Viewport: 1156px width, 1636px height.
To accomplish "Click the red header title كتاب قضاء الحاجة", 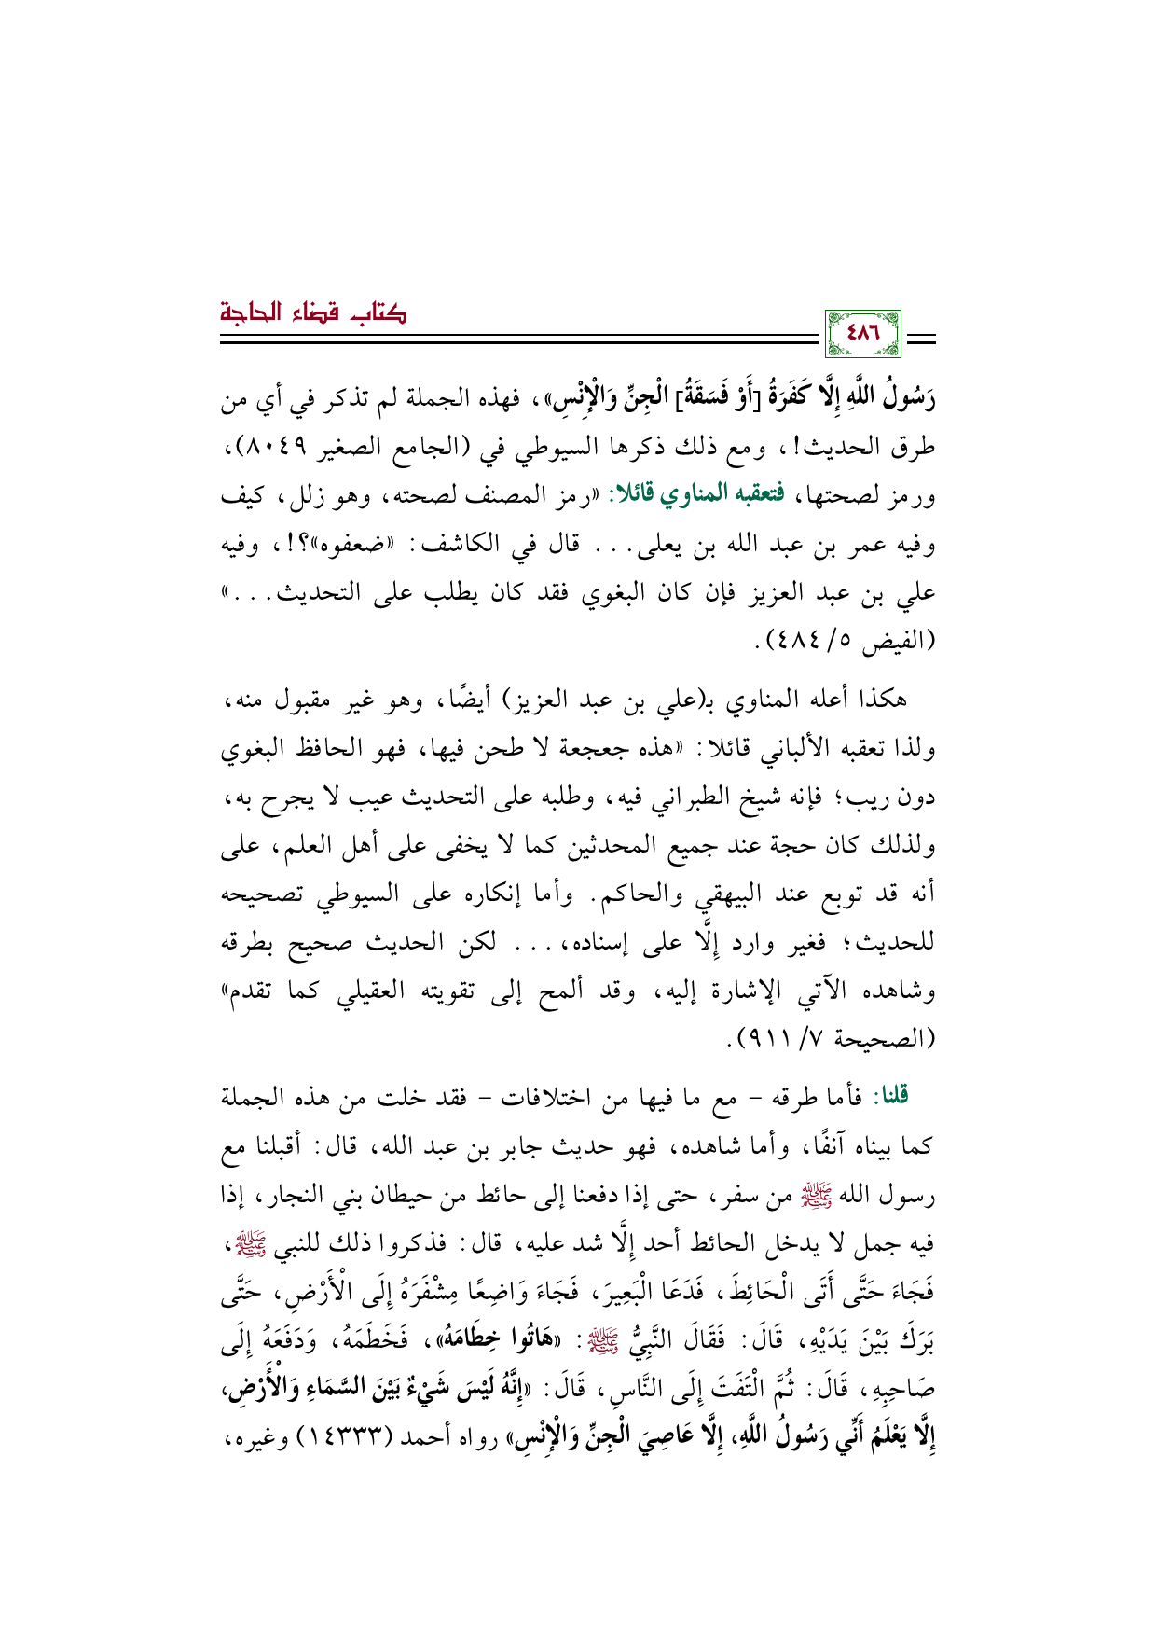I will [x=314, y=312].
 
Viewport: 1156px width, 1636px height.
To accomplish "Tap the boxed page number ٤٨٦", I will [x=866, y=334].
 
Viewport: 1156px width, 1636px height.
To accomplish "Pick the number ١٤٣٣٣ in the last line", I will [x=340, y=1438].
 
